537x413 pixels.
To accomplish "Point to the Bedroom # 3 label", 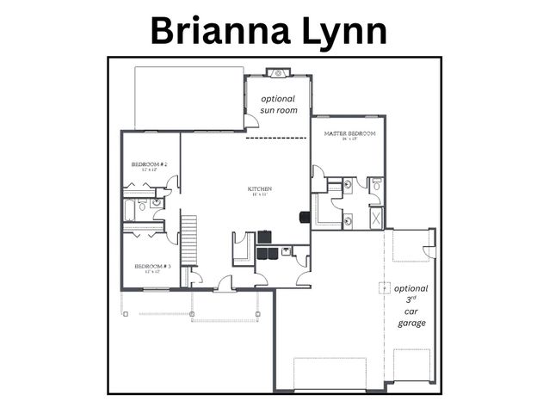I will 151,268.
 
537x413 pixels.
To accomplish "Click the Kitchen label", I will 261,190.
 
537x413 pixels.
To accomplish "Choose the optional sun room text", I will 278,105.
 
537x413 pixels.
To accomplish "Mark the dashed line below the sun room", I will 277,138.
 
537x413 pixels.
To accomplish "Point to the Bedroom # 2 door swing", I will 173,182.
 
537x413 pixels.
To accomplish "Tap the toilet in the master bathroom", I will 376,185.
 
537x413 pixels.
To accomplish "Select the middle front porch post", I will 192,314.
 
